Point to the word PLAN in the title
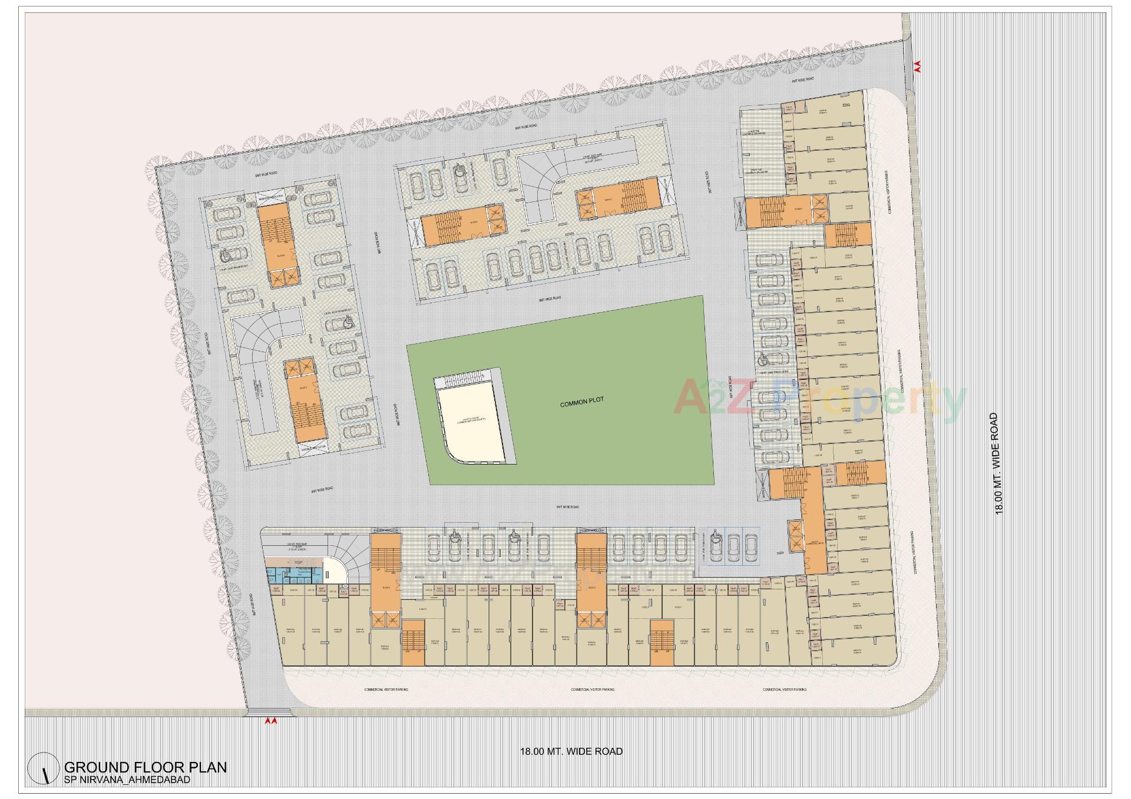click(206, 767)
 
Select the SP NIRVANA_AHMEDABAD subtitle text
click(127, 780)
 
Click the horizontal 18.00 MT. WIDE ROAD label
click(571, 751)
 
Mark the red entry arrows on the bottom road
click(270, 720)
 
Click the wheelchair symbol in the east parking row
click(761, 356)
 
